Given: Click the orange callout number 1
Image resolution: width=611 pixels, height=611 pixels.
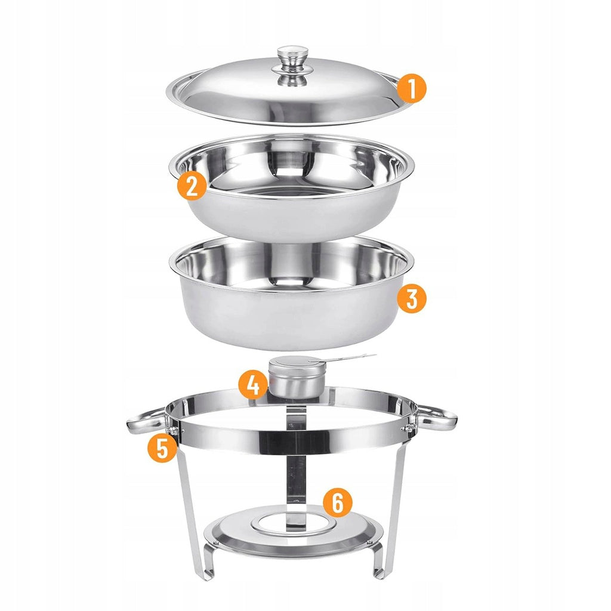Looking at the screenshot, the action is pyautogui.click(x=412, y=88).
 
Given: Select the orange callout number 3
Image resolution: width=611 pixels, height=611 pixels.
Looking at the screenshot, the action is pyautogui.click(x=412, y=298).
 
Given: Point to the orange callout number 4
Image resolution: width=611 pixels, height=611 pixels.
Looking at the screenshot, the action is pyautogui.click(x=253, y=385).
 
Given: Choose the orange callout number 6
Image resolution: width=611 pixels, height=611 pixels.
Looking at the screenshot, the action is pyautogui.click(x=338, y=502).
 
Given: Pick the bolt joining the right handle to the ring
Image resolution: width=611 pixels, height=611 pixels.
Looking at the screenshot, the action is pyautogui.click(x=408, y=428).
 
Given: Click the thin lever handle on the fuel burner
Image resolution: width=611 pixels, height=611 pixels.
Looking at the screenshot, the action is pyautogui.click(x=343, y=358).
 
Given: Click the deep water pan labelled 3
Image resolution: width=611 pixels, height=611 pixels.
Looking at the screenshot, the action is pyautogui.click(x=291, y=292).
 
